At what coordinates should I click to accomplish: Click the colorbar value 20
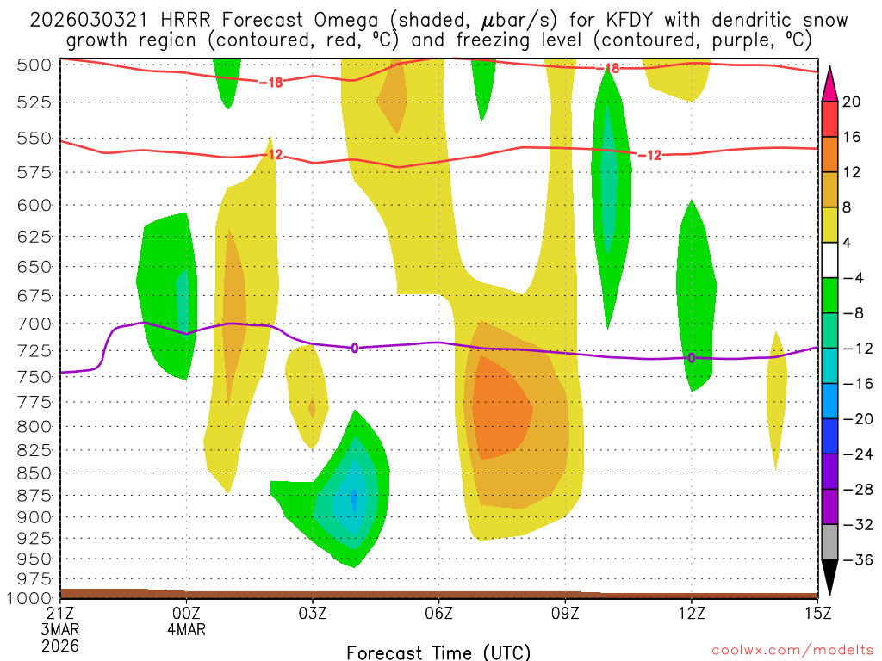coord(852,102)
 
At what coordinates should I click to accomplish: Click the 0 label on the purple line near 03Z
coord(354,348)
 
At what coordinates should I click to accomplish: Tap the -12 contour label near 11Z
coord(649,155)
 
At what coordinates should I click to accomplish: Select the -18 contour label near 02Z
coord(270,83)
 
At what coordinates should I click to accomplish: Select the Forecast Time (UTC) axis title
coord(438,652)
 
